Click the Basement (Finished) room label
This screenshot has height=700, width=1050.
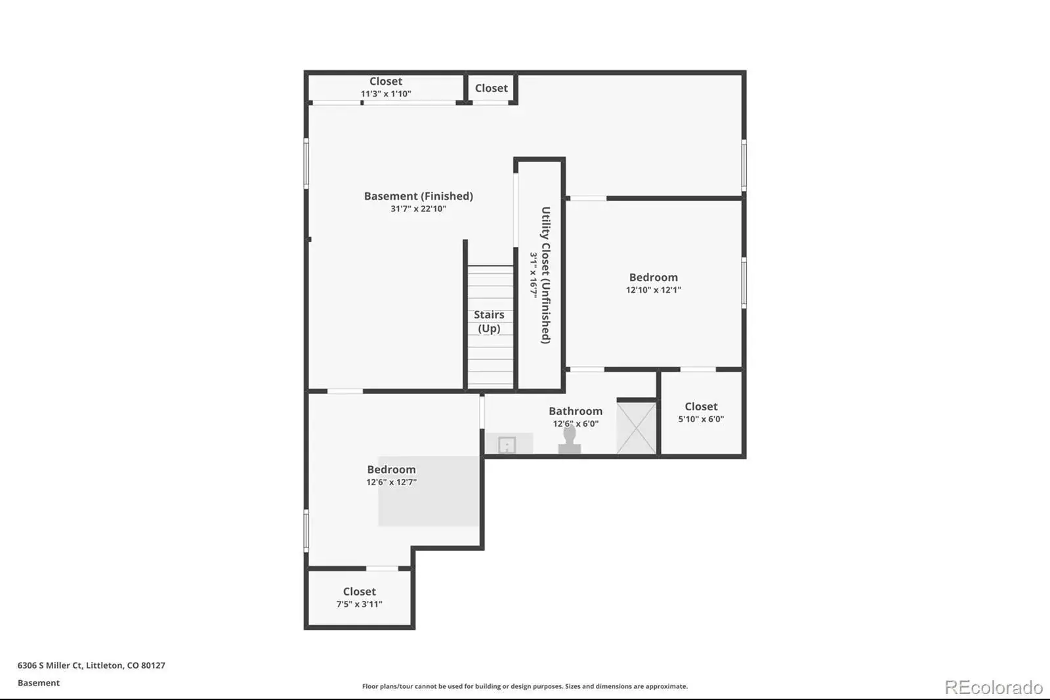tap(419, 196)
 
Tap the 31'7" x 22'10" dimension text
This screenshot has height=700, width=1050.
tap(419, 209)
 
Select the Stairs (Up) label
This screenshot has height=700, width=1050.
tap(489, 321)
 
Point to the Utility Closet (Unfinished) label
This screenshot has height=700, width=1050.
tap(545, 275)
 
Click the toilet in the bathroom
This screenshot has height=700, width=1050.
tap(570, 439)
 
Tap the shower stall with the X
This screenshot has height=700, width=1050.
tap(637, 427)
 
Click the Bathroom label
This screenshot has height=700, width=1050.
tap(576, 411)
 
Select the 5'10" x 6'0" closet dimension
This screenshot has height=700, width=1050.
tap(702, 419)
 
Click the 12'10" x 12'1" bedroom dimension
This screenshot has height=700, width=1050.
tap(654, 290)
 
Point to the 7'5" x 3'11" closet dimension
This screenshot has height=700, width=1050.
tap(360, 604)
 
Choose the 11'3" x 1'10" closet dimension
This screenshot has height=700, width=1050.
tap(386, 94)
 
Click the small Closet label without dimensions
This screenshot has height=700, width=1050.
tap(492, 88)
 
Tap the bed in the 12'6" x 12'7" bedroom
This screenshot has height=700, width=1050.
tap(429, 491)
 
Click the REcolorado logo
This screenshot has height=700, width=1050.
tap(994, 688)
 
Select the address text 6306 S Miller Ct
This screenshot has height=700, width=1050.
tap(50, 665)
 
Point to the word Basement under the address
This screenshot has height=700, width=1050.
tap(39, 683)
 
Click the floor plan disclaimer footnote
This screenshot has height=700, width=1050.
tap(525, 686)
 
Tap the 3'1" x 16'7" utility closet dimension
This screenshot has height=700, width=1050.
tap(534, 275)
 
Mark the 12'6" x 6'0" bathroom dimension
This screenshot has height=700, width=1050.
tap(576, 424)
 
